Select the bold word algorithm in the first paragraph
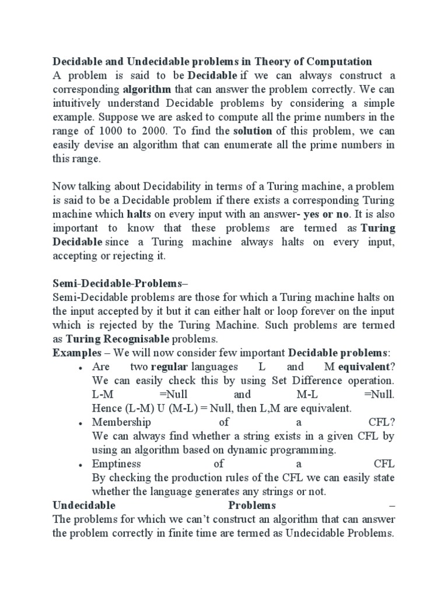click(146, 89)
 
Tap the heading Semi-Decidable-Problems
click(117, 283)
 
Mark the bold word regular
click(169, 367)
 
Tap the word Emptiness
click(116, 464)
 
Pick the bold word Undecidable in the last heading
click(84, 505)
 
